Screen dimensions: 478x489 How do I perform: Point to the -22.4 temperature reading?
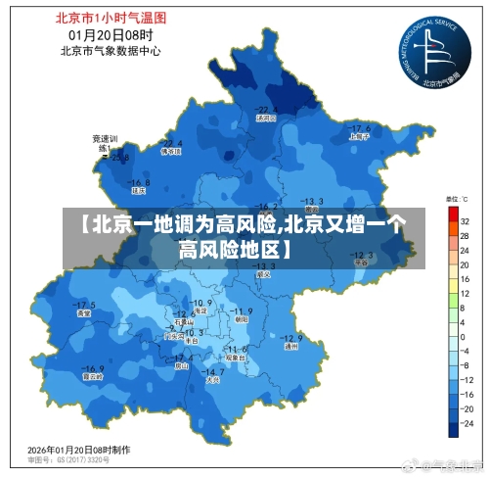(171, 143)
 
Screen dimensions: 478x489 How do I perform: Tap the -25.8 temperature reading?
(117, 158)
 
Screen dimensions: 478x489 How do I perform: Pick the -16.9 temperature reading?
(93, 365)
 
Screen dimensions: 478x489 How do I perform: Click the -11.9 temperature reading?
(241, 311)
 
